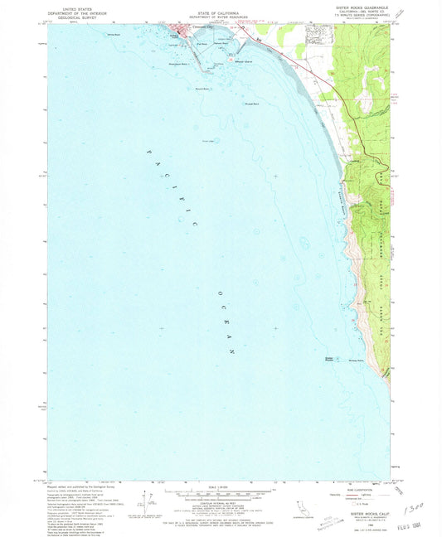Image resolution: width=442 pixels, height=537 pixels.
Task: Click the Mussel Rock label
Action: (250, 104)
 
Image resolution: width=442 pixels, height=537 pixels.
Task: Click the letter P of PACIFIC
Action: (150, 152)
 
